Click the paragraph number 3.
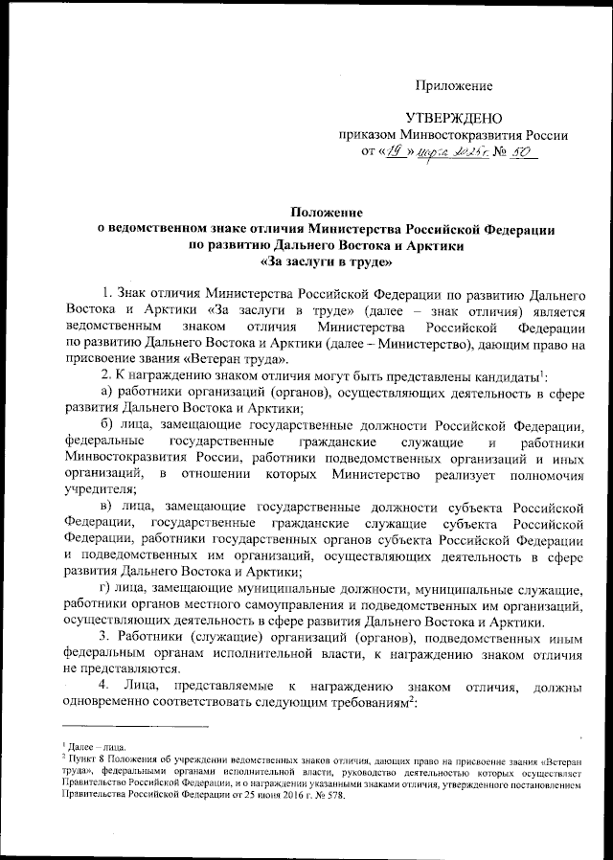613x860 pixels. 105,639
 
